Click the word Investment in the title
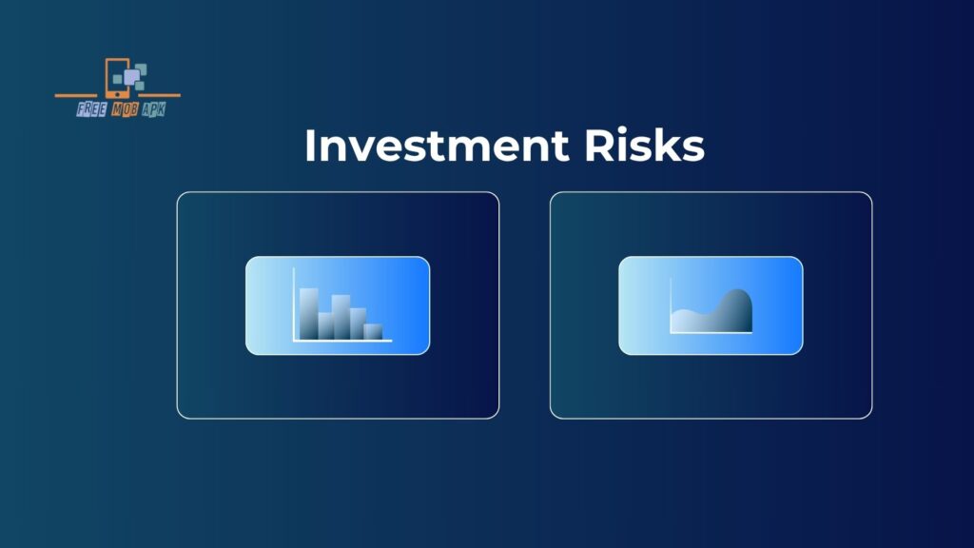coord(437,146)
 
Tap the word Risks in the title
coord(644,146)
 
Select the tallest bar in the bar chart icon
coord(309,314)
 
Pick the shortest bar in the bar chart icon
coord(373,332)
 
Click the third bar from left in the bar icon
coord(341,318)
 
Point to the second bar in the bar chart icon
coord(325,326)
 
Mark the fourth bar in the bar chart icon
coord(358,323)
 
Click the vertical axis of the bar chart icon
coord(294,304)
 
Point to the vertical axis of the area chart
coord(671,305)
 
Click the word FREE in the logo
coord(92,110)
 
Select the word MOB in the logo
coord(125,110)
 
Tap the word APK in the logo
coord(153,110)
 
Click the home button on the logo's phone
coord(117,94)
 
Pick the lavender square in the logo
coord(131,77)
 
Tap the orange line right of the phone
coord(158,95)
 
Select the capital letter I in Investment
coord(309,146)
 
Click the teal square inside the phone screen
coord(117,79)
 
